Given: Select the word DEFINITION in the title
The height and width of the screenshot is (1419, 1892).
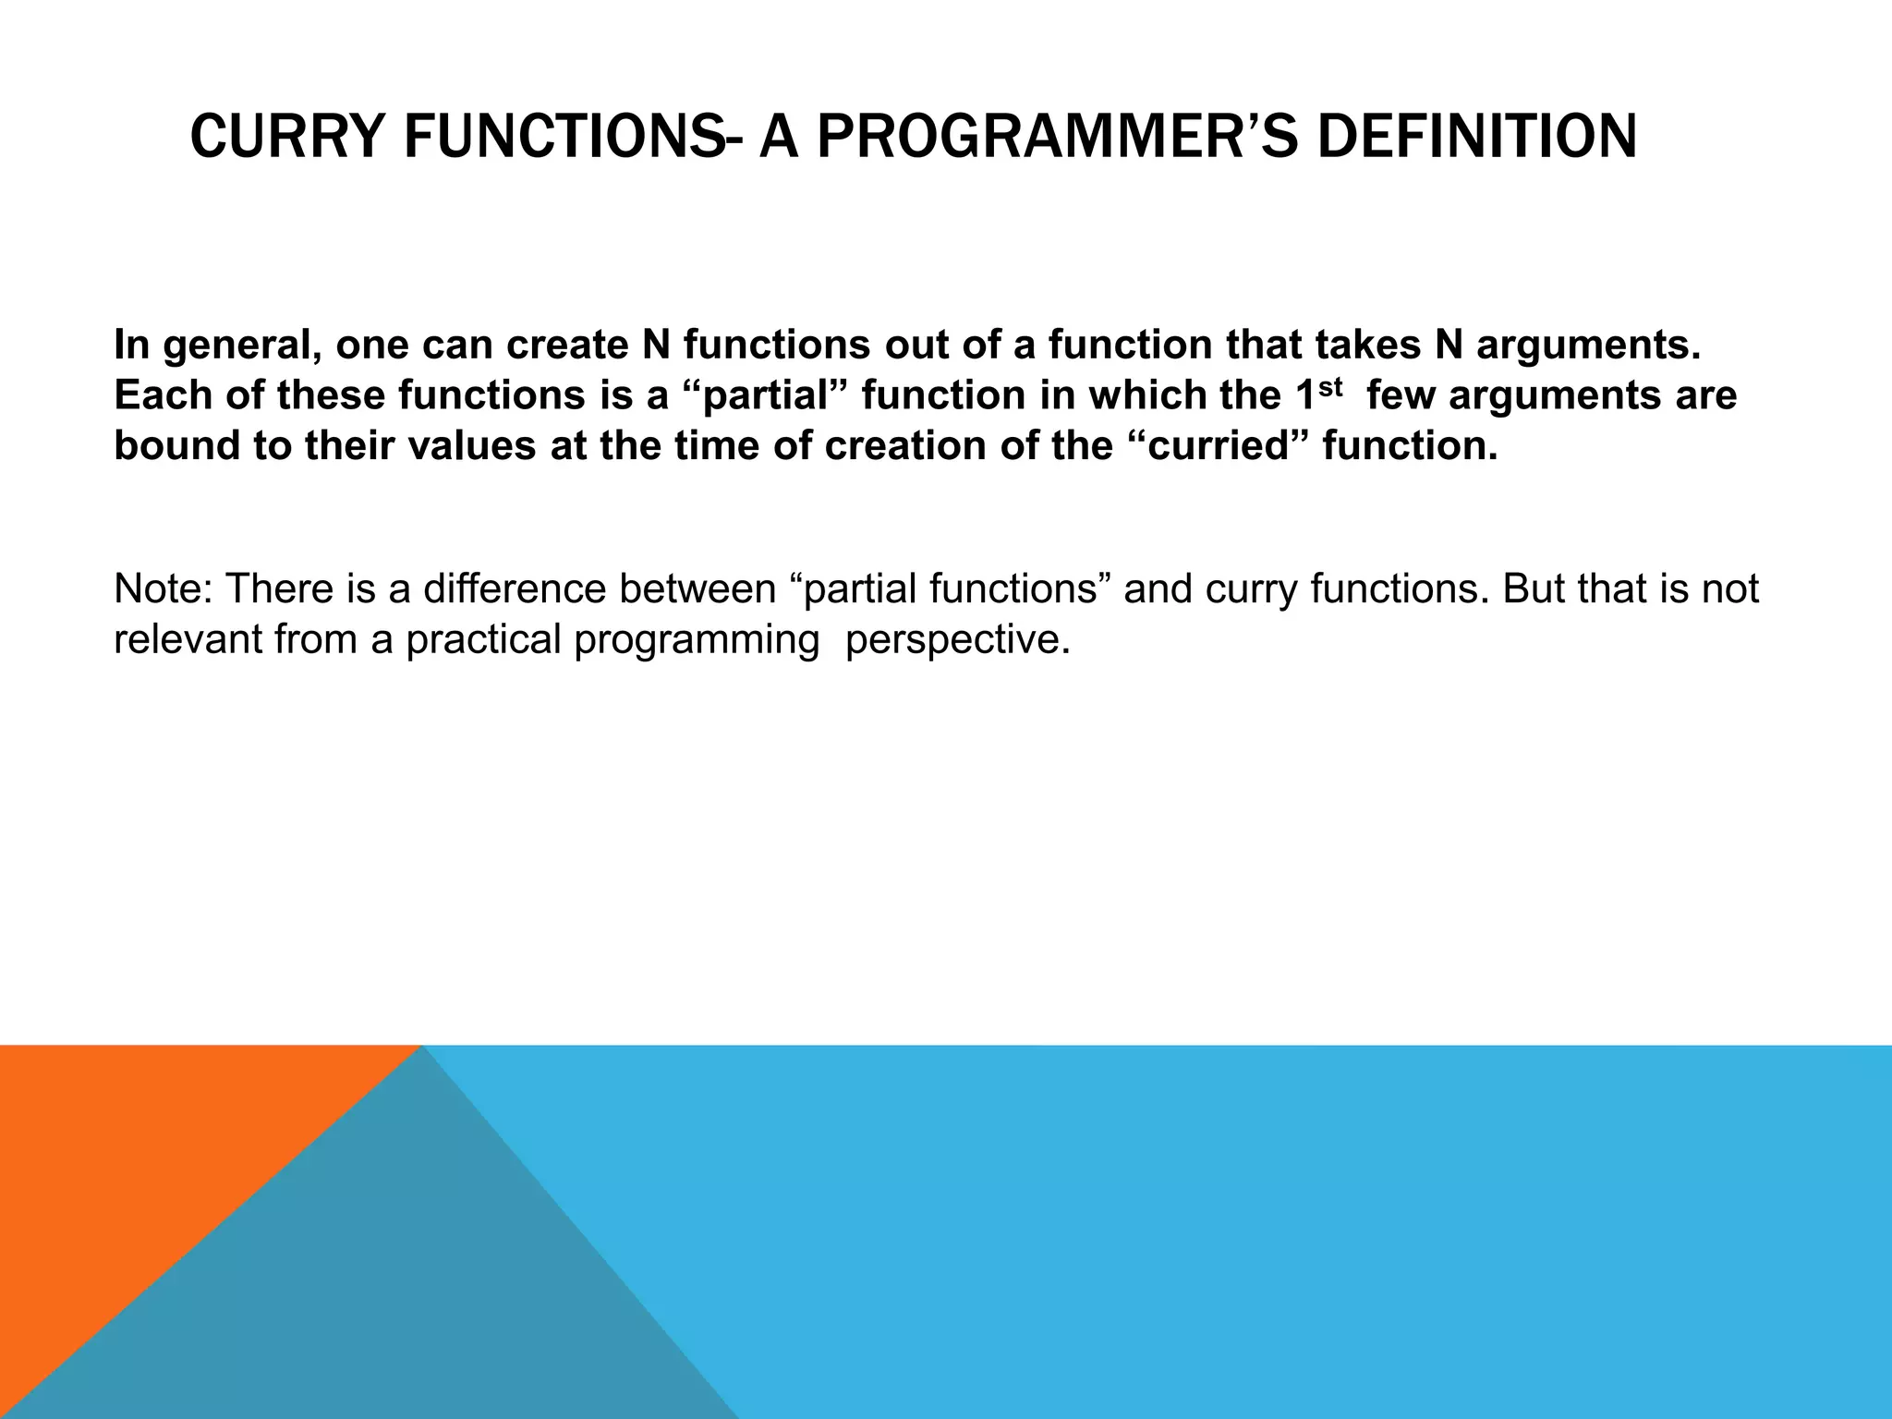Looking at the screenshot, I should coord(1476,138).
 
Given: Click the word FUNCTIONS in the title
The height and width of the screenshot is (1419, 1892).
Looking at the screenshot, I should coord(563,138).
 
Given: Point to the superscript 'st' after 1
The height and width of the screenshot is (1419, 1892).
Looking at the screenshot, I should coord(1328,385).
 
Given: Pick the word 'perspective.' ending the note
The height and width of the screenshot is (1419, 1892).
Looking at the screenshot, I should coord(957,639).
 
